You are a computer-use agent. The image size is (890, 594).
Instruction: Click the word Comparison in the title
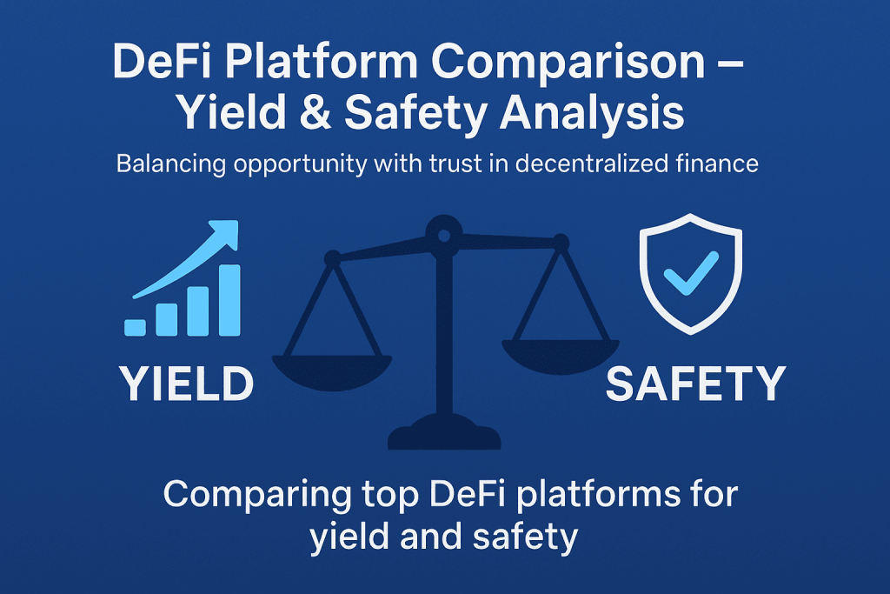(x=568, y=63)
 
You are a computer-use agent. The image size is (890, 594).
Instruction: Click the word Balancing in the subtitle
(x=171, y=164)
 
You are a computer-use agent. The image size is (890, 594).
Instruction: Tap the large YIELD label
(x=186, y=384)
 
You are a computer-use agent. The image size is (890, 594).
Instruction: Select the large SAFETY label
(x=696, y=384)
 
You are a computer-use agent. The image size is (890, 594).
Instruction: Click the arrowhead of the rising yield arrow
(x=226, y=232)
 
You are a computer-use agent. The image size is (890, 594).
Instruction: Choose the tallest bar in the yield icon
(x=229, y=300)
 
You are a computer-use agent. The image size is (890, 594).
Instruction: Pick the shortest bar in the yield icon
(x=135, y=327)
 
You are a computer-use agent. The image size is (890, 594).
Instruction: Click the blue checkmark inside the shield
(x=691, y=273)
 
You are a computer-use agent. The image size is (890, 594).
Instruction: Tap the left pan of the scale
(x=332, y=371)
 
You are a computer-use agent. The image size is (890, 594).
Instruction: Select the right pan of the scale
(x=561, y=356)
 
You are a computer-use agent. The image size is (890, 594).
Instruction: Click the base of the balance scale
(x=444, y=433)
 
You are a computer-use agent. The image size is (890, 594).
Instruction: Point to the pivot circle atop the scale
(x=444, y=234)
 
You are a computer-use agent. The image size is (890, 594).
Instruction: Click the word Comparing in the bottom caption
(x=256, y=495)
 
